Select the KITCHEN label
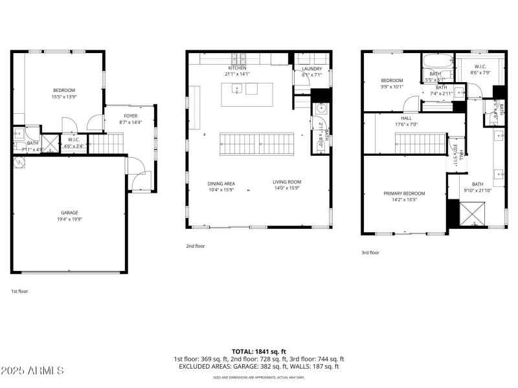(238, 68)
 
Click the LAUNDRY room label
(308, 69)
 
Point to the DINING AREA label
(221, 183)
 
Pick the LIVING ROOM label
(287, 182)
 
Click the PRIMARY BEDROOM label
(404, 193)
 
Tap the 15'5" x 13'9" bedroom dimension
(64, 96)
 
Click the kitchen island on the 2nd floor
(247, 95)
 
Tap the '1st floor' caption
(19, 291)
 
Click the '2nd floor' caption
(195, 246)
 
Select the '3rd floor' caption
(370, 253)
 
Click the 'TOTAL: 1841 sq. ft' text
(258, 350)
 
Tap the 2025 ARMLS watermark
(32, 371)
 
